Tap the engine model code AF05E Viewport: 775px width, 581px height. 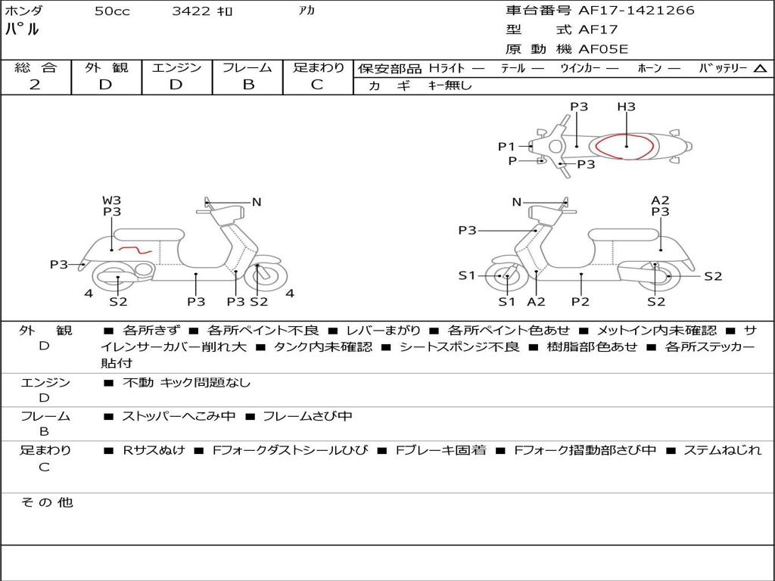603,49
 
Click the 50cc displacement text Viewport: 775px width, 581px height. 112,11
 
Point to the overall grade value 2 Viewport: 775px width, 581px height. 35,85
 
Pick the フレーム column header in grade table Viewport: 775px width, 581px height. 247,67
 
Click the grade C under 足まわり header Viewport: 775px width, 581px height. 317,85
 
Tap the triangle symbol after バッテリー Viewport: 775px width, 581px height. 760,69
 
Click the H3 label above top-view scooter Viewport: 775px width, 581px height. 626,107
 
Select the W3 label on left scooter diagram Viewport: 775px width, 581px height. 111,200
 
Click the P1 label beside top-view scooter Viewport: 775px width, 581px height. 506,147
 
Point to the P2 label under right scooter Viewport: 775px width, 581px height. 580,302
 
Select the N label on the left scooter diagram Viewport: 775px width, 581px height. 257,202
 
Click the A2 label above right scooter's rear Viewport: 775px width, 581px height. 660,200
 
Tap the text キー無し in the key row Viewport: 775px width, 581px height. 450,85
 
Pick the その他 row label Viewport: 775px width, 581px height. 47,502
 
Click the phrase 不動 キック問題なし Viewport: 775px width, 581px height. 186,383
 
